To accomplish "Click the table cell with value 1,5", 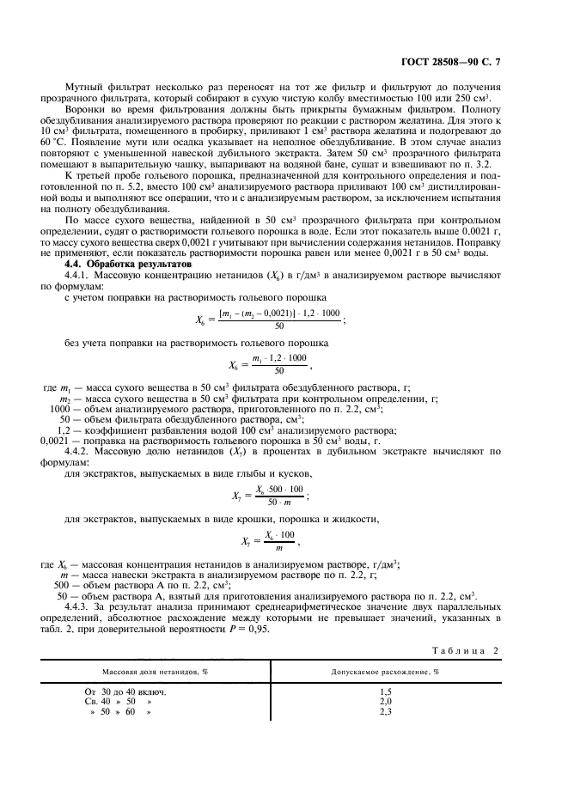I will (x=385, y=691).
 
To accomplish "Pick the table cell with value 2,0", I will (x=385, y=701).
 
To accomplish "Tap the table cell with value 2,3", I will (x=385, y=712).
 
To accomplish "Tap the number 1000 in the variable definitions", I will (x=52, y=409).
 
